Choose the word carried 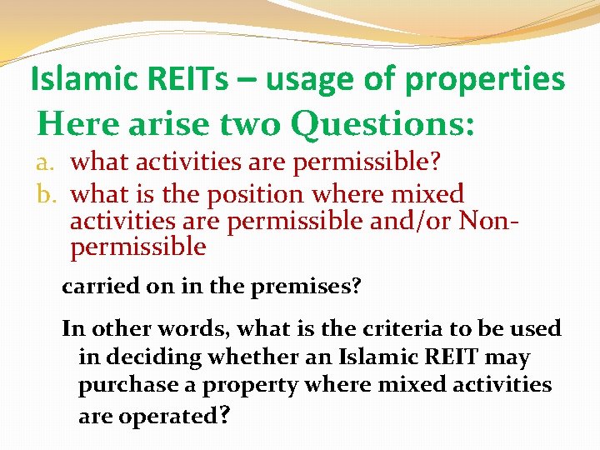click(94, 287)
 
